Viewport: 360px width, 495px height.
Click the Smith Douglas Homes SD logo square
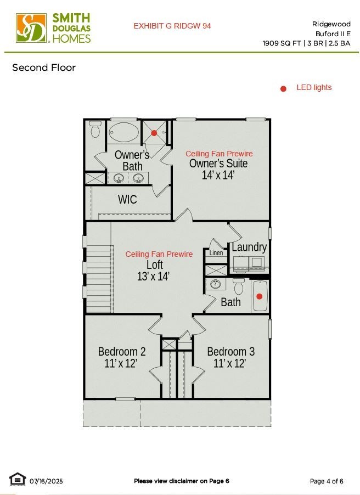pyautogui.click(x=31, y=28)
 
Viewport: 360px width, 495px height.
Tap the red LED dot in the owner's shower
pyautogui.click(x=154, y=133)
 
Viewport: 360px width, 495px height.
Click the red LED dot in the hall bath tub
pyautogui.click(x=259, y=296)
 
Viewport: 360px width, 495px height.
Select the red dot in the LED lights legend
pyautogui.click(x=283, y=89)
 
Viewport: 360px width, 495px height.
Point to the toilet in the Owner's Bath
pyautogui.click(x=95, y=129)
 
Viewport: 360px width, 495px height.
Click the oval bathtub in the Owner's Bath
pyautogui.click(x=123, y=132)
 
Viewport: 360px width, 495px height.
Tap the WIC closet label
pyautogui.click(x=127, y=200)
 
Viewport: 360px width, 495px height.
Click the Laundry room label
pyautogui.click(x=249, y=247)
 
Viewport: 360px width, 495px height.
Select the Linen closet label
pyautogui.click(x=216, y=252)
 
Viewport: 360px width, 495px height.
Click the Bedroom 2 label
pyautogui.click(x=122, y=351)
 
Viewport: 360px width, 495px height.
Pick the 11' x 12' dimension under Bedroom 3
pyautogui.click(x=229, y=363)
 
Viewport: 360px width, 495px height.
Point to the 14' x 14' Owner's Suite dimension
pyautogui.click(x=218, y=175)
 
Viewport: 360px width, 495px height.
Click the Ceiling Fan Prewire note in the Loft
pyautogui.click(x=159, y=254)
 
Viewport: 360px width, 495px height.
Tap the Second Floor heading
pyautogui.click(x=44, y=67)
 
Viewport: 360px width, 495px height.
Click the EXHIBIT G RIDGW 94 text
pyautogui.click(x=172, y=26)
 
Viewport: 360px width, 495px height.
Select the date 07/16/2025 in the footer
pyautogui.click(x=46, y=481)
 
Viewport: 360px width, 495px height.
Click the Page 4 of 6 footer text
pyautogui.click(x=327, y=481)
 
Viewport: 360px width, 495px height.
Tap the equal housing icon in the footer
pyautogui.click(x=18, y=479)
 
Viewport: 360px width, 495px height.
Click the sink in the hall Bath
pyautogui.click(x=216, y=284)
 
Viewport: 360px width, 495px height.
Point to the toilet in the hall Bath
pyautogui.click(x=238, y=286)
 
